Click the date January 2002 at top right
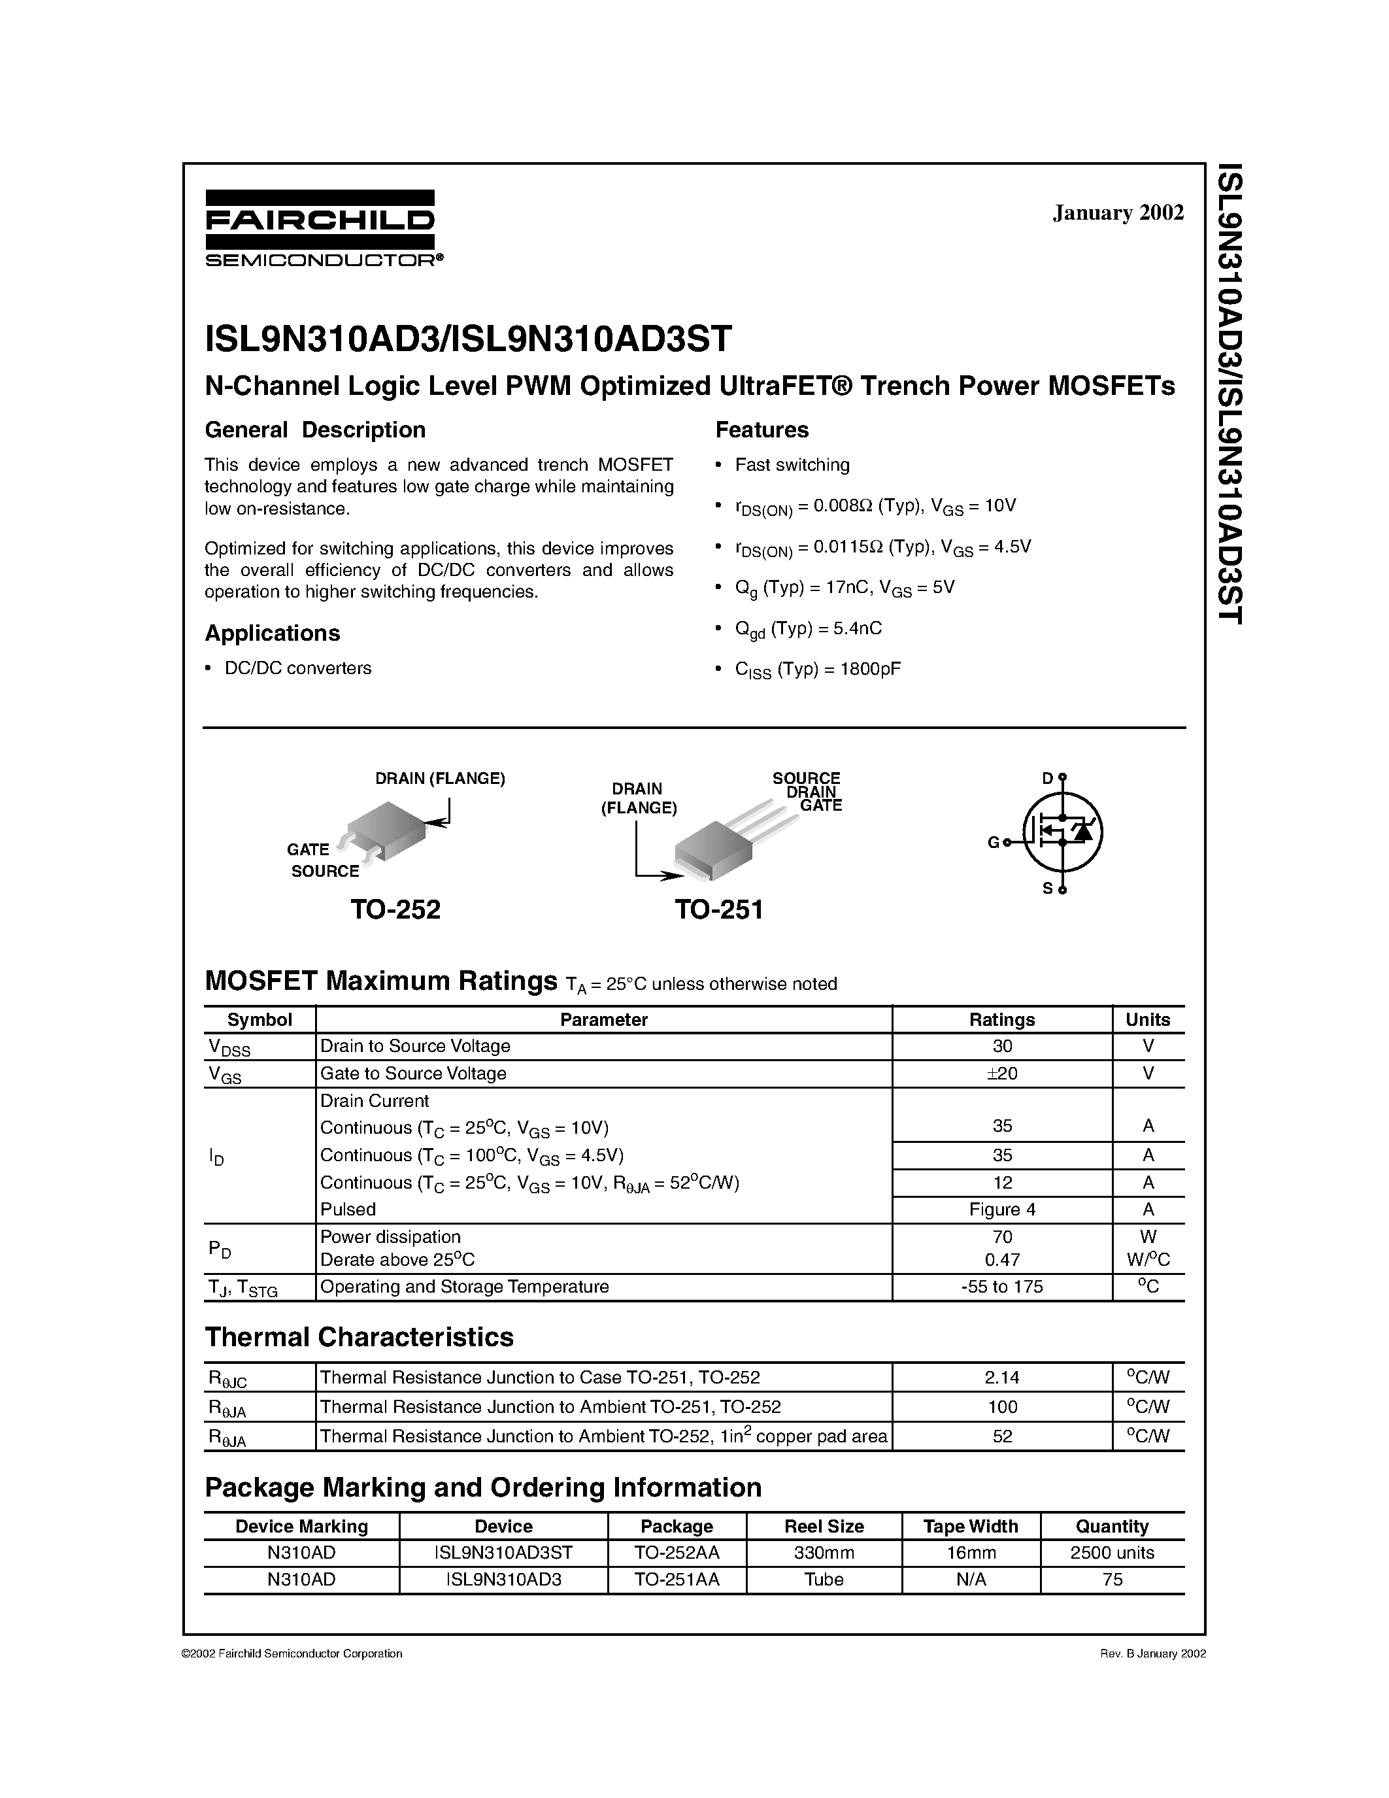point(1118,212)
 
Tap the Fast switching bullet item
point(792,464)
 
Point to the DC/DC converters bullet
point(297,668)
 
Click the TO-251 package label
point(719,909)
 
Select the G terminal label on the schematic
point(993,842)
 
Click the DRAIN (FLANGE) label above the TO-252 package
point(439,778)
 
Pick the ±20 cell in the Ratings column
point(1001,1073)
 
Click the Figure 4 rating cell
point(1001,1210)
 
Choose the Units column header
point(1147,1019)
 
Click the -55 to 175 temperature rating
point(1001,1286)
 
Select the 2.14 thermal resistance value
point(1001,1378)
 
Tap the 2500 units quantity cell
point(1112,1553)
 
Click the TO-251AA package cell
point(677,1579)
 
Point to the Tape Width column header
point(970,1526)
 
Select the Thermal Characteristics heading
point(359,1337)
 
